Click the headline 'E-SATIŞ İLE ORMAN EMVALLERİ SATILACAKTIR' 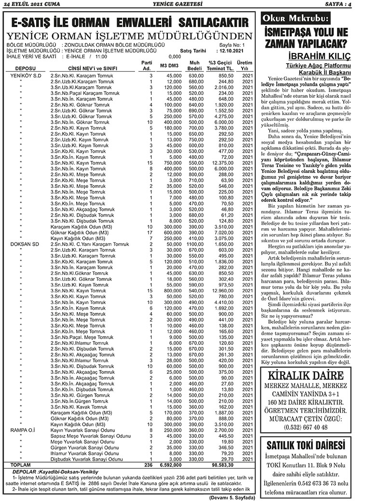[129, 23]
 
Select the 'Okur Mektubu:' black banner [295, 19]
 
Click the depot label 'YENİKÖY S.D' [26, 76]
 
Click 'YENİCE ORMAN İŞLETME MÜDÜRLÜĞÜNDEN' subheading [129, 37]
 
